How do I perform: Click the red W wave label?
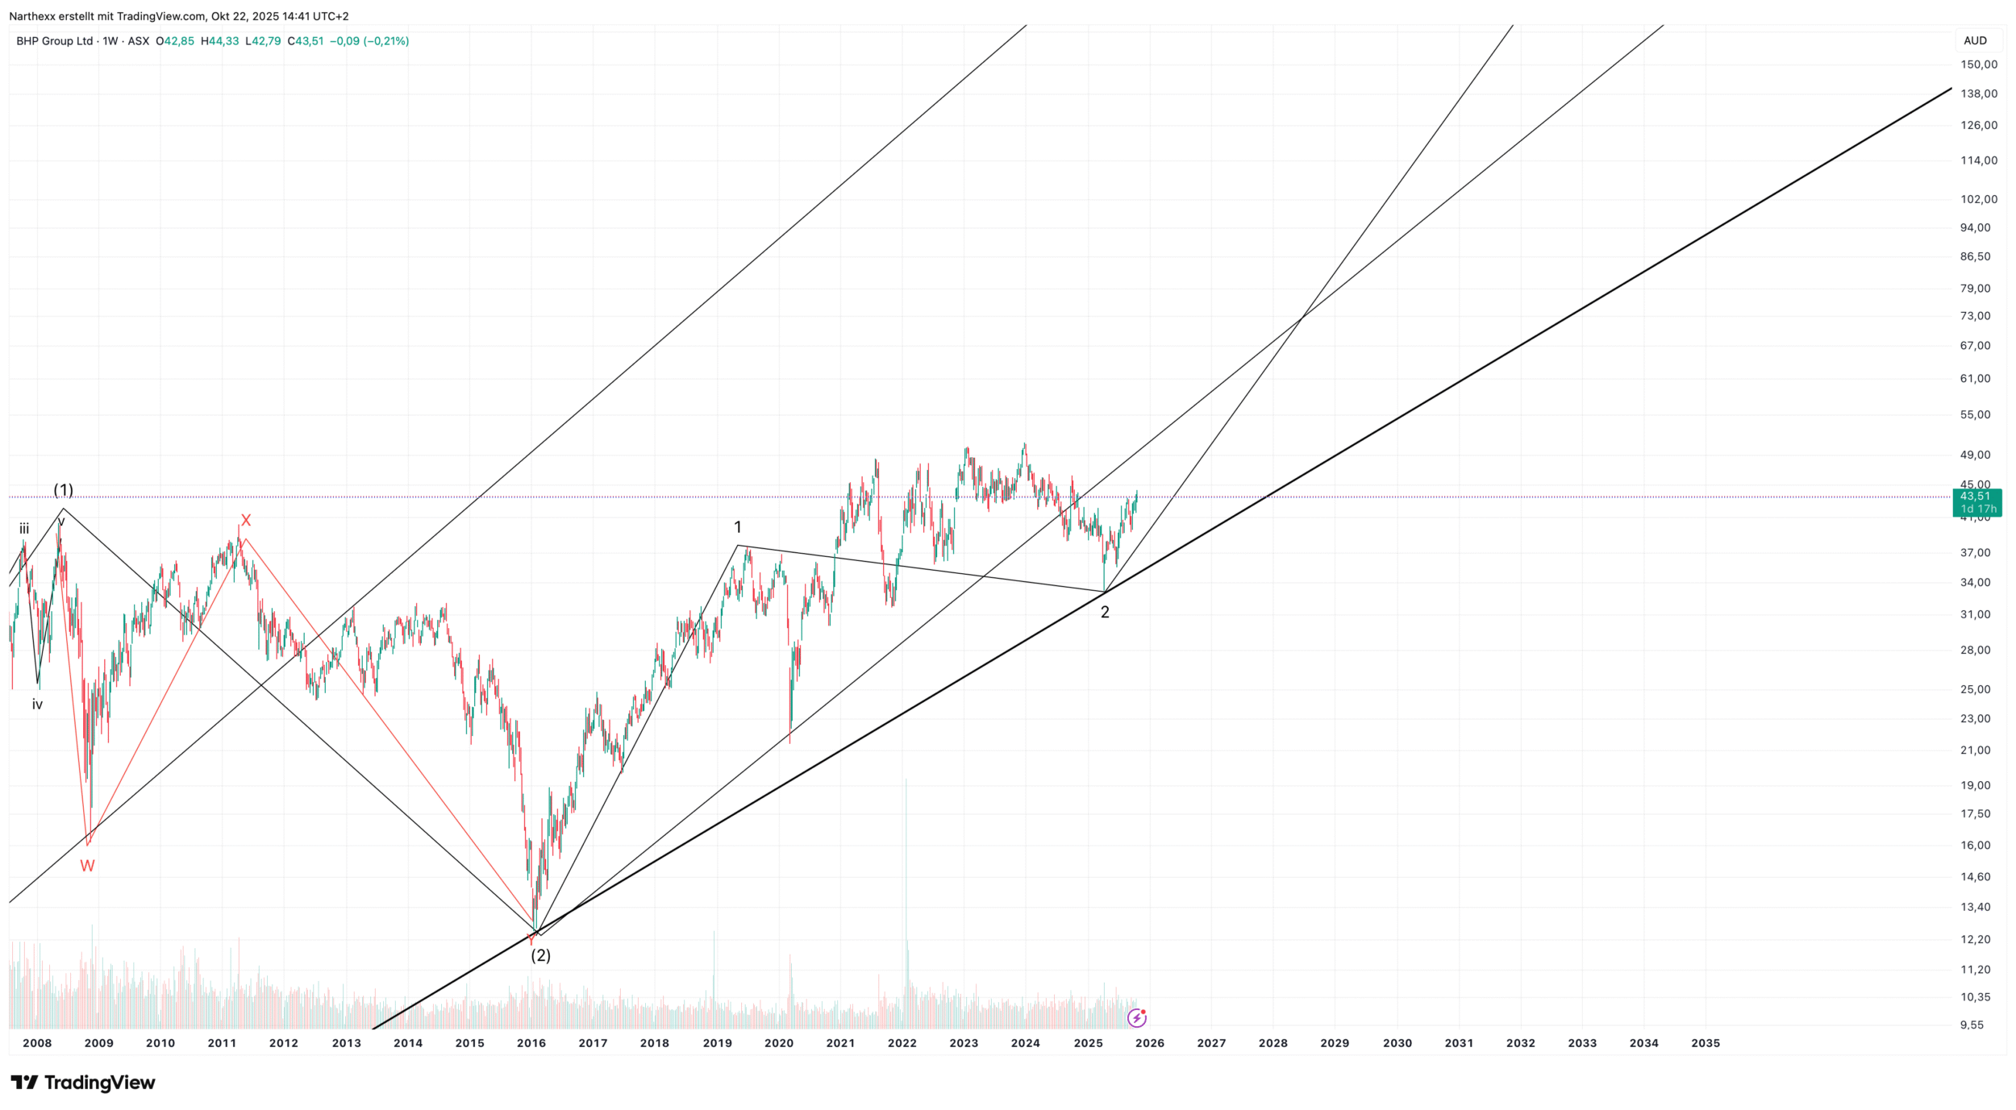(x=87, y=867)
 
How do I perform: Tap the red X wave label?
(x=246, y=521)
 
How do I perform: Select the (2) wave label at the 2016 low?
(x=540, y=955)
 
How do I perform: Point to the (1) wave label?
(x=63, y=490)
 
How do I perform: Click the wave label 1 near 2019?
(x=737, y=527)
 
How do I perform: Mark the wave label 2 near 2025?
(x=1105, y=613)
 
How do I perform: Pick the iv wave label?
(x=37, y=705)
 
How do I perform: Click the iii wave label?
(x=24, y=529)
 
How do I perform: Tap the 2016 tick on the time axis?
(x=531, y=1043)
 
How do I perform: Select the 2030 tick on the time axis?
(x=1397, y=1043)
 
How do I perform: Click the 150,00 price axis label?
(x=1979, y=64)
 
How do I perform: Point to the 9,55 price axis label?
(x=1972, y=1025)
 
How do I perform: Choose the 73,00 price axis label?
(x=1976, y=316)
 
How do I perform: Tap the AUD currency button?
(x=1975, y=40)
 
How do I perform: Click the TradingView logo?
(x=82, y=1083)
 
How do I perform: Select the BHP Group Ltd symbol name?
(x=55, y=41)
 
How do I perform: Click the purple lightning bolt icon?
(x=1136, y=1019)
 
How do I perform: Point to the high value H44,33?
(x=220, y=41)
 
